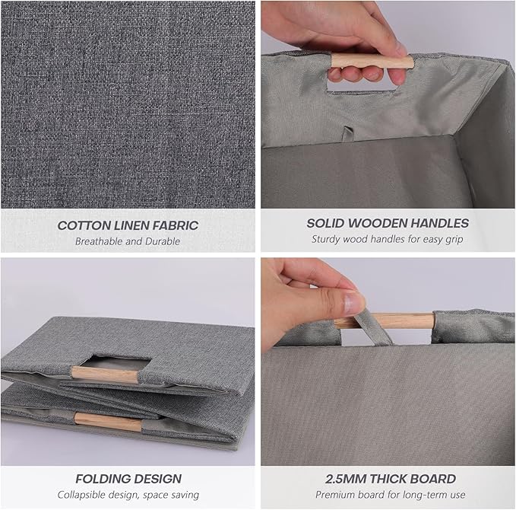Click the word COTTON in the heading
[84, 225]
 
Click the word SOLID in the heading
[326, 223]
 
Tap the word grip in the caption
[454, 239]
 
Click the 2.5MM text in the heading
[346, 479]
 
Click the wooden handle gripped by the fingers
[372, 62]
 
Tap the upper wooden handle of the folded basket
[104, 375]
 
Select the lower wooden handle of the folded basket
[108, 422]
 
